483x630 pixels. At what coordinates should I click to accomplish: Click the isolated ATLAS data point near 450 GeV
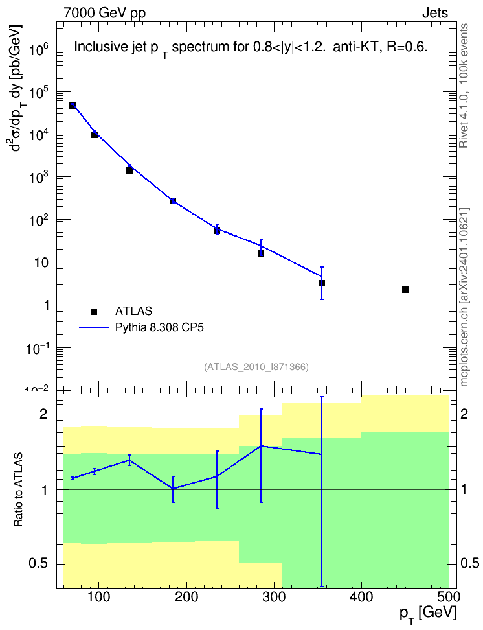[405, 290]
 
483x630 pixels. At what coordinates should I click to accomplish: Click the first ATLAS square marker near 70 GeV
[73, 106]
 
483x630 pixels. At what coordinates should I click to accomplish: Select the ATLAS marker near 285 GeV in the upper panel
[261, 253]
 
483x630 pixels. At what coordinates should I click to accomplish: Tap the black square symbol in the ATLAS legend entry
[94, 311]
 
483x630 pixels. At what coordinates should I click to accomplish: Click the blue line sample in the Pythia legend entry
[94, 327]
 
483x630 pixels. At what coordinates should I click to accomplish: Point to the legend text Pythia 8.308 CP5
[159, 327]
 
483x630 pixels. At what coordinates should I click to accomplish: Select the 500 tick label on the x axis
[449, 597]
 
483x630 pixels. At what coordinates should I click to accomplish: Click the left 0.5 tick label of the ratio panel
[38, 564]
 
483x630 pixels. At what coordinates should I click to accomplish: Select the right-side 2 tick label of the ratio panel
[464, 414]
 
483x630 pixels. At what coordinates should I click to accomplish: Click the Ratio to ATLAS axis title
[18, 490]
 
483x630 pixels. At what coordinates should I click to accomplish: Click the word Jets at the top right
[435, 13]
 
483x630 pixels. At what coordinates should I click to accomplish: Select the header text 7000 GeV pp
[104, 13]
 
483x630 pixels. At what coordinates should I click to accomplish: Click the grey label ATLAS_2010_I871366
[256, 367]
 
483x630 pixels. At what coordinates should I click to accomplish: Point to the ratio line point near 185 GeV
[173, 489]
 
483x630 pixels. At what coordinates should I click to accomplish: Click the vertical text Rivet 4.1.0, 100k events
[464, 86]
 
